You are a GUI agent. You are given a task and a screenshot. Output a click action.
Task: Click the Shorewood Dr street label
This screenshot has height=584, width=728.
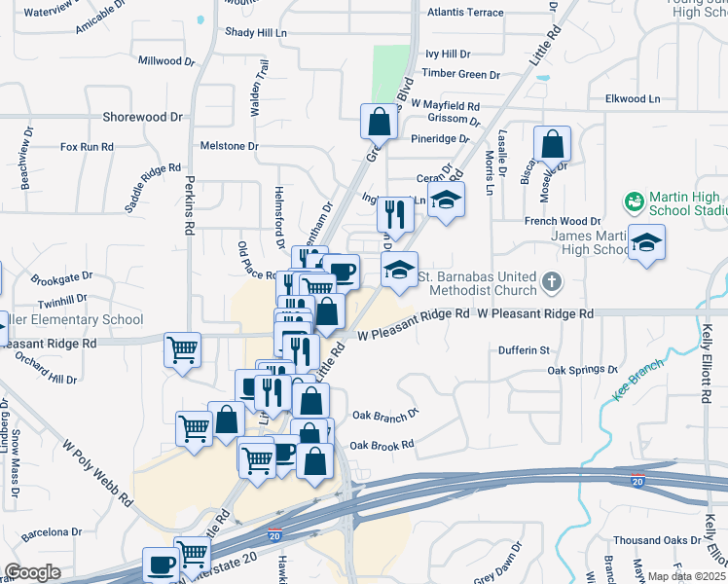(x=142, y=117)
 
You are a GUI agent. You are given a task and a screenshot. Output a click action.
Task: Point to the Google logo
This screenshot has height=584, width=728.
(x=32, y=572)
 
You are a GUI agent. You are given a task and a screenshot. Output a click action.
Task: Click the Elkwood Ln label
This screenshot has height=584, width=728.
(x=632, y=98)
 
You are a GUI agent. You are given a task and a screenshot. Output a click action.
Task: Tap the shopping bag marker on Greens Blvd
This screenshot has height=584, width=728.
(x=378, y=123)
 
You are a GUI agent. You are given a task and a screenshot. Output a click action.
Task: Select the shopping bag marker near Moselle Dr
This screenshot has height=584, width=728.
(x=552, y=144)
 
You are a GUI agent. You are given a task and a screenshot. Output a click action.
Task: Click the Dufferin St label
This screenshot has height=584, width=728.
(x=525, y=349)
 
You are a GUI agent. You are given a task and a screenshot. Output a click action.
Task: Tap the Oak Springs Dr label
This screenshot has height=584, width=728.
(x=582, y=370)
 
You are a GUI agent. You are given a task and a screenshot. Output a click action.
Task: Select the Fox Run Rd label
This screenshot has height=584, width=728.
(x=87, y=147)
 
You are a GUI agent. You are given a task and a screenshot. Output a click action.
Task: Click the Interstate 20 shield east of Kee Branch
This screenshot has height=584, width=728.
(x=637, y=481)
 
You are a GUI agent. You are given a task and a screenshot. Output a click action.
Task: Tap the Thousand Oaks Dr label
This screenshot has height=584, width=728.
(x=657, y=540)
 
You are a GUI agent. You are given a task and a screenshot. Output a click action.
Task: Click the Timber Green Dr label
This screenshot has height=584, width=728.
(x=460, y=74)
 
